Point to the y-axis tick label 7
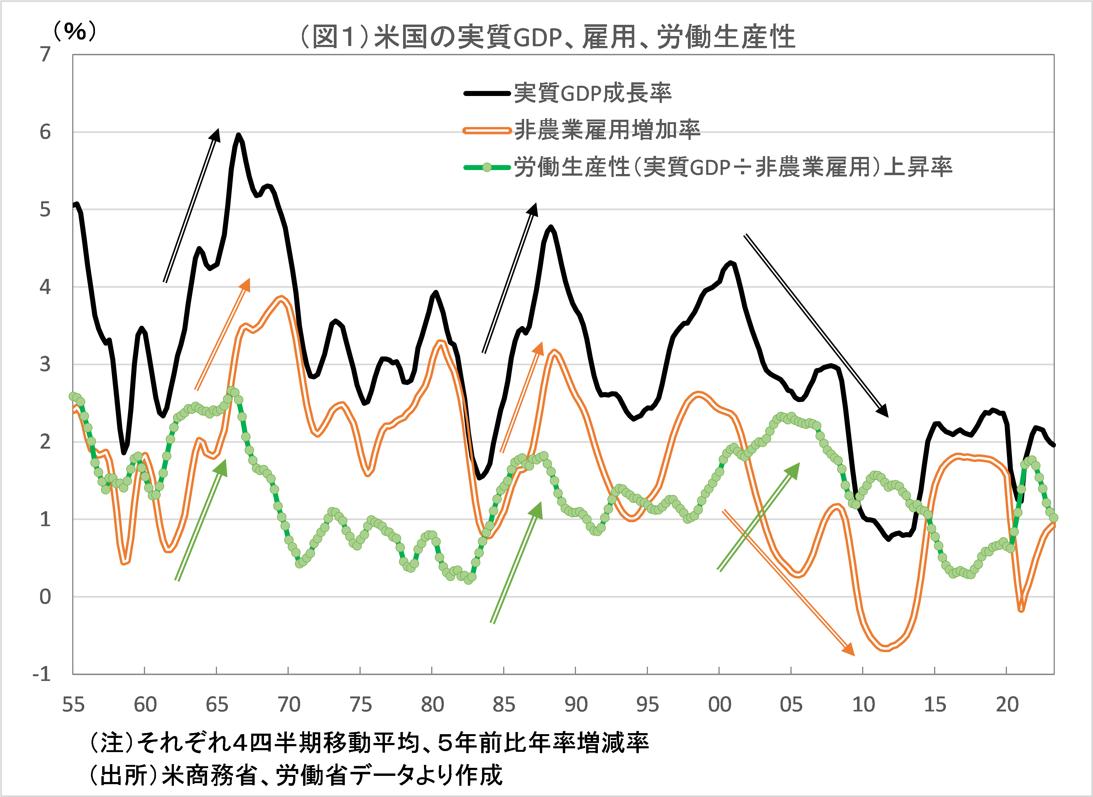click(45, 55)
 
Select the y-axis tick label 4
click(45, 287)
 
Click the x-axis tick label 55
click(73, 705)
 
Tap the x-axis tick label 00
click(720, 705)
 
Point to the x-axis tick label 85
click(504, 705)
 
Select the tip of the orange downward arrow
click(853, 655)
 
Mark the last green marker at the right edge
click(1053, 518)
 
